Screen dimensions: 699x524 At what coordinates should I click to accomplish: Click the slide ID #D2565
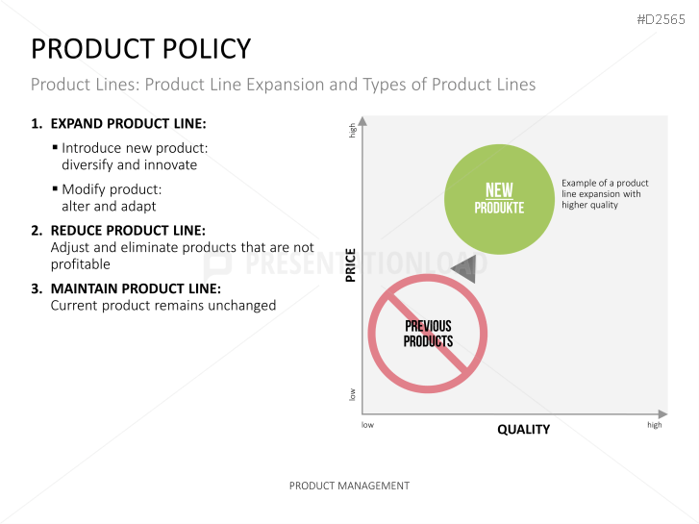[661, 19]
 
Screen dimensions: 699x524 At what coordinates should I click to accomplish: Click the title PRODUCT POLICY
[141, 49]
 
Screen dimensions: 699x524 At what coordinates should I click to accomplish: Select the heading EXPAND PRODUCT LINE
[129, 123]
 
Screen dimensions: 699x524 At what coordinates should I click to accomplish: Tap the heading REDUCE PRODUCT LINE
[128, 231]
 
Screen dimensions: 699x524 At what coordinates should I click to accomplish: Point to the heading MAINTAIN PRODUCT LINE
[136, 289]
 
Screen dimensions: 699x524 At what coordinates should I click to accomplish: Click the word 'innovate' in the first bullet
[170, 165]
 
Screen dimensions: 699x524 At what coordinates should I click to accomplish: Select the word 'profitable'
[80, 264]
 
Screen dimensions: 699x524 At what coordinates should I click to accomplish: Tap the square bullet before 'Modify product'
[55, 188]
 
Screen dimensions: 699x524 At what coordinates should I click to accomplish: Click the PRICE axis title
[351, 265]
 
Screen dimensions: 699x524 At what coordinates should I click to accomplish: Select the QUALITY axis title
[523, 430]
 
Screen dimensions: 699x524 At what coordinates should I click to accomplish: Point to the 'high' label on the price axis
[352, 130]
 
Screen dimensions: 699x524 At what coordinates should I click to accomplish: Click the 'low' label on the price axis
[352, 394]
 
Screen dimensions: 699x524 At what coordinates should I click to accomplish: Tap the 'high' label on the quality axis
[655, 425]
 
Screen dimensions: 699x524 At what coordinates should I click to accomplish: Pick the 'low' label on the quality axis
[367, 425]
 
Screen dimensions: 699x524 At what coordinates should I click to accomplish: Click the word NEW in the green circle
[499, 190]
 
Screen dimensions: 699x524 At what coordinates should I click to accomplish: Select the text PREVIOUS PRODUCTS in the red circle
[428, 334]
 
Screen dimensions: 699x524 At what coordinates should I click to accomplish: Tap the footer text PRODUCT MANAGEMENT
[349, 486]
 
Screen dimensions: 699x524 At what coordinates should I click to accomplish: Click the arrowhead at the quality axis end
[662, 413]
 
